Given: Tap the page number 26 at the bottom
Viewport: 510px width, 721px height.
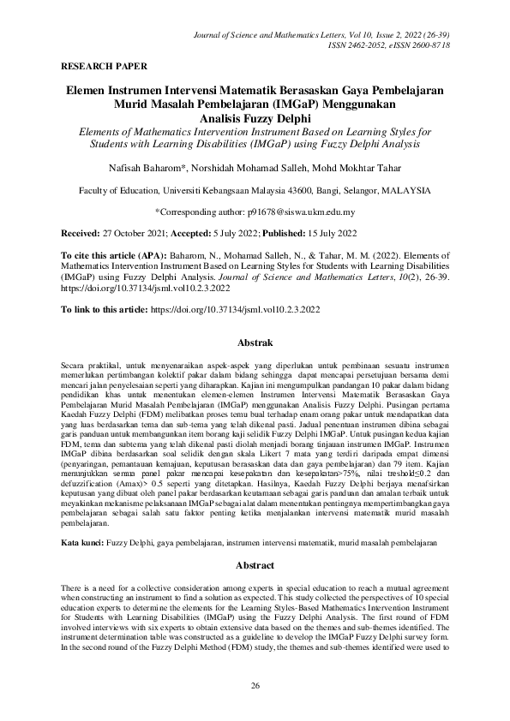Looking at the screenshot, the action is (x=255, y=686).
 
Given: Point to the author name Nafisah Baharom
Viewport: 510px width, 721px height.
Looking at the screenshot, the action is (x=160, y=170).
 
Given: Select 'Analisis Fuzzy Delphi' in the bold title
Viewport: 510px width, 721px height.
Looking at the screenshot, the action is (x=255, y=118).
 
